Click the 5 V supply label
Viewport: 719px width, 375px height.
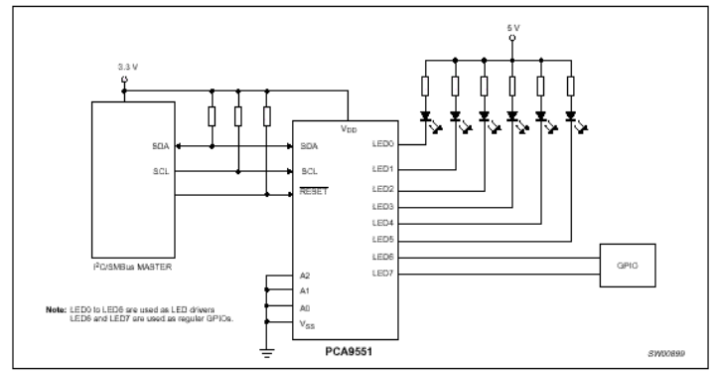(x=512, y=28)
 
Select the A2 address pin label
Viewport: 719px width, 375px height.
(x=307, y=275)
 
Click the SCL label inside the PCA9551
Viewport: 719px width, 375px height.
(x=310, y=170)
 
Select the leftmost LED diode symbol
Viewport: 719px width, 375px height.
(x=426, y=115)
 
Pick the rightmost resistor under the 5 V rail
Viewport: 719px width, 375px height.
(x=570, y=88)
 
